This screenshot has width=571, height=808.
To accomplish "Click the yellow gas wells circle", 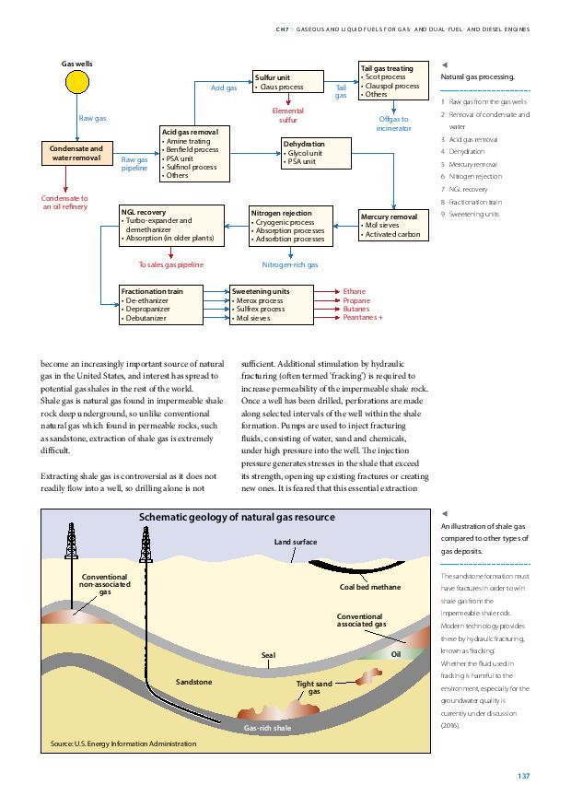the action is click(x=77, y=82).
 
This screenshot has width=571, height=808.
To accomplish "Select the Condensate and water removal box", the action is click(x=77, y=154).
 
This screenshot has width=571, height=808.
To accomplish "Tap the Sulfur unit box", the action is click(x=288, y=82).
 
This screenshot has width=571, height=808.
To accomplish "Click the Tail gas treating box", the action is click(x=394, y=81).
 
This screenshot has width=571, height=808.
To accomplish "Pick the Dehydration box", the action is click(x=317, y=153).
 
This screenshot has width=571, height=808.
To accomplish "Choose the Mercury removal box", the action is click(x=394, y=225).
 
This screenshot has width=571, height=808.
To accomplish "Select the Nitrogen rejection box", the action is click(x=291, y=227).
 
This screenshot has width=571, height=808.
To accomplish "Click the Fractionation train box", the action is click(x=161, y=305).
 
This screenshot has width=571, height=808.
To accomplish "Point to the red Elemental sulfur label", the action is click(x=288, y=115).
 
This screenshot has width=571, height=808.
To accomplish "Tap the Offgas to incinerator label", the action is click(x=394, y=123).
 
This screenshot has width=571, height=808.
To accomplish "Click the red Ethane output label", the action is click(x=355, y=292).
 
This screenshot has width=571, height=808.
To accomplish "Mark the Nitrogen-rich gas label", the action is click(x=290, y=264).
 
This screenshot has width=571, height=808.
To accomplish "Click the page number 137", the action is click(x=524, y=776).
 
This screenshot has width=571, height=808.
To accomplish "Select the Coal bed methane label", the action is click(x=370, y=587).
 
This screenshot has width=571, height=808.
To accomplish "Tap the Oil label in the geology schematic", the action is click(x=396, y=654).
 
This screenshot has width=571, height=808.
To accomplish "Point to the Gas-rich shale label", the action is click(x=268, y=728).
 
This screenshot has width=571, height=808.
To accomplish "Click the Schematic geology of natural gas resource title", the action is click(x=237, y=518).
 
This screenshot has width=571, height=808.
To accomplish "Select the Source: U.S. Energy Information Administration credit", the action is click(x=123, y=744).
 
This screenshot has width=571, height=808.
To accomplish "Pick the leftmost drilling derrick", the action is click(x=71, y=541).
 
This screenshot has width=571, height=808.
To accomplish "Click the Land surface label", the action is click(x=296, y=542).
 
